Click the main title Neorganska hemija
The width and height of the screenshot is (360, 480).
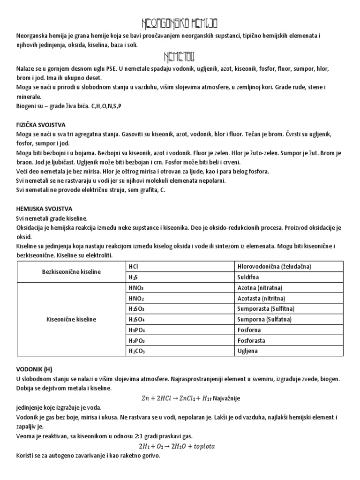(180, 23)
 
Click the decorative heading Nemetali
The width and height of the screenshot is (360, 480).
(180, 57)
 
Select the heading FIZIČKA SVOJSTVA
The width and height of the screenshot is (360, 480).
(42, 126)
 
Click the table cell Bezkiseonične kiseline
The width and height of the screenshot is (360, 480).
(70, 271)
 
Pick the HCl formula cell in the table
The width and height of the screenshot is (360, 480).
(133, 266)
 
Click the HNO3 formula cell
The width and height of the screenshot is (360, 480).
(136, 288)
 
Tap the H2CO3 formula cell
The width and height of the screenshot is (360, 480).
(137, 351)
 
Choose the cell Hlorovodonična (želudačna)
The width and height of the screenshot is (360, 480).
(274, 266)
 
